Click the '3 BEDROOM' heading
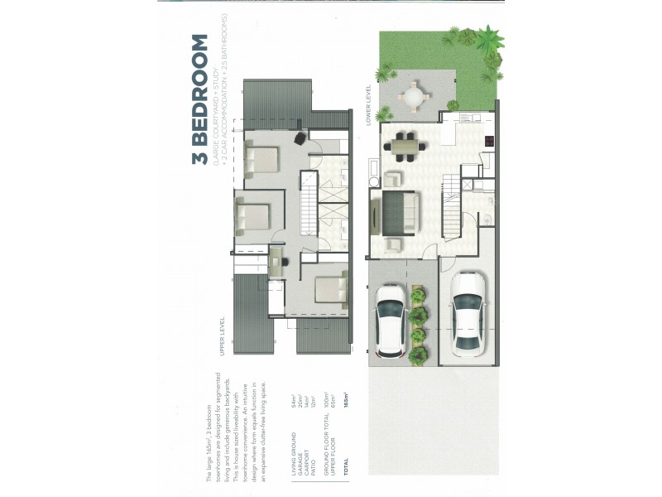coord(199,99)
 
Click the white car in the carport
coord(391,319)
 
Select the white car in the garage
coord(468,311)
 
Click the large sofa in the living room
coord(402,212)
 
